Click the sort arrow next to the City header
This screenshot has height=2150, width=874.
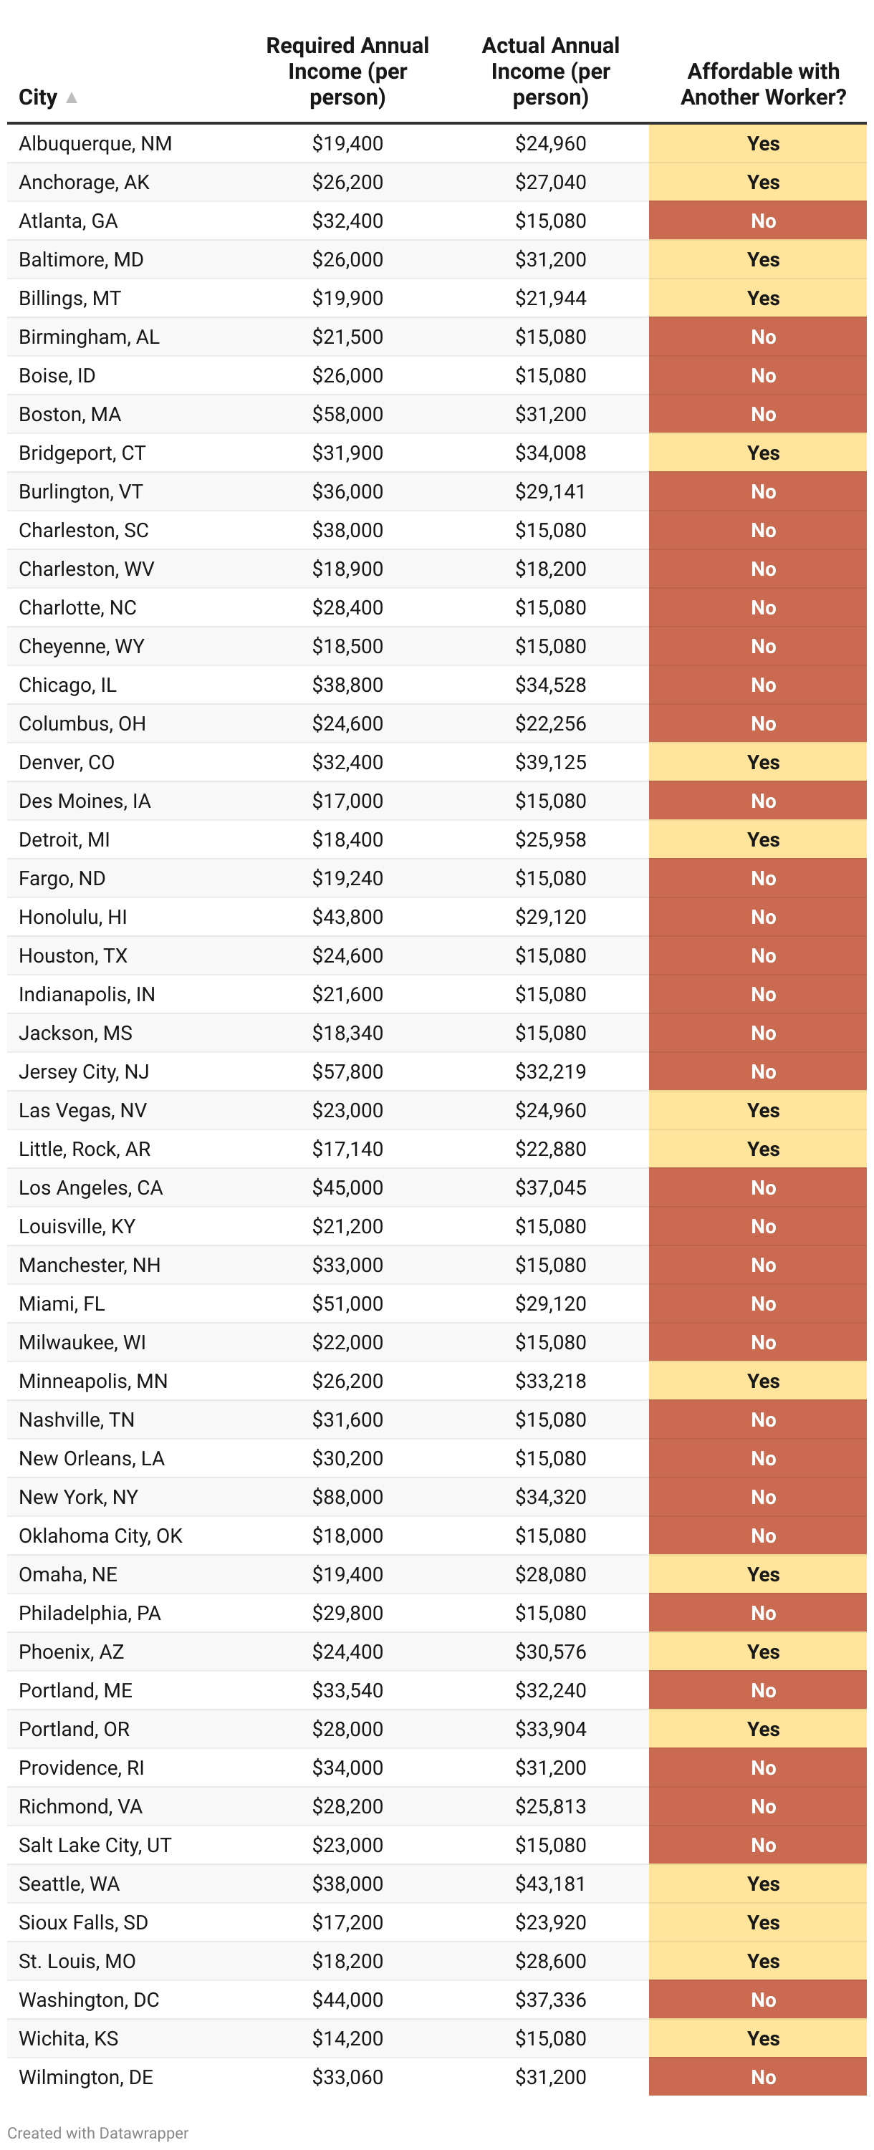[72, 97]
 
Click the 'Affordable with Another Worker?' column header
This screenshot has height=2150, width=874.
[762, 85]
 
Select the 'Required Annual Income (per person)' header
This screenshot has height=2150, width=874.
[347, 72]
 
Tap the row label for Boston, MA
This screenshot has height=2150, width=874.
[70, 414]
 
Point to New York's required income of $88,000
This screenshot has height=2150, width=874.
[347, 1497]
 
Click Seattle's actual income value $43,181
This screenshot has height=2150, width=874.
[550, 1883]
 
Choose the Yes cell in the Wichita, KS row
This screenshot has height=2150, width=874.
[762, 2038]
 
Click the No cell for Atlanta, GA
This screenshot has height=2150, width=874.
[762, 221]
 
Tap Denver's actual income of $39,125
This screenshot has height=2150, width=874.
[550, 762]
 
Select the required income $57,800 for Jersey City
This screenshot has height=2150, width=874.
[347, 1071]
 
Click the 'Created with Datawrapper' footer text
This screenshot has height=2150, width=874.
[97, 2133]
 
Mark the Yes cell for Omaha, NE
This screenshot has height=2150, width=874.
[762, 1574]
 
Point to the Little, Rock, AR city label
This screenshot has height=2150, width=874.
[85, 1149]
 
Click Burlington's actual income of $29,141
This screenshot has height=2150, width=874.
[550, 491]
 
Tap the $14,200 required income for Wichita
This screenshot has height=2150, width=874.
[347, 2038]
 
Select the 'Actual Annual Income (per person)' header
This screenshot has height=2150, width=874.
[550, 72]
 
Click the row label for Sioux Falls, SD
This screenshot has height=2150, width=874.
[84, 1922]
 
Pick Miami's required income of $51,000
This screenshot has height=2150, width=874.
[347, 1303]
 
